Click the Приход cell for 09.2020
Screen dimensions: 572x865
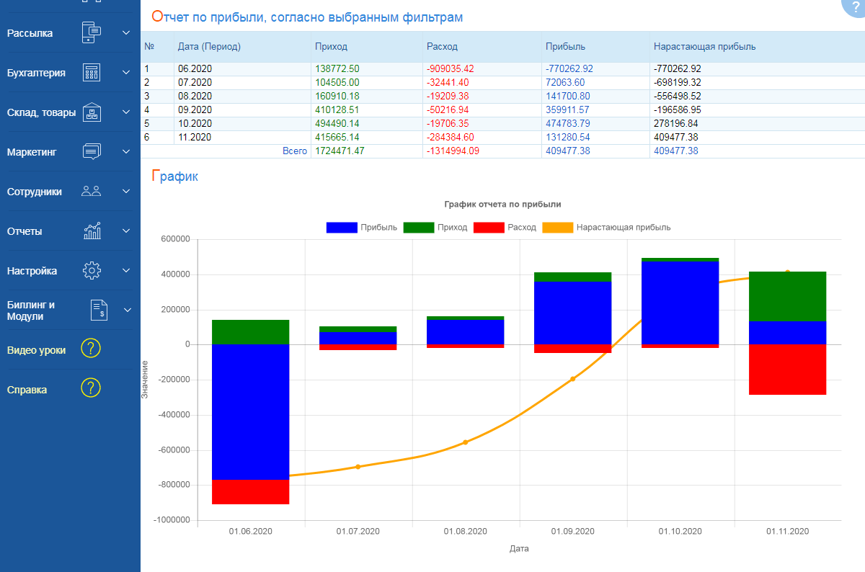coord(339,110)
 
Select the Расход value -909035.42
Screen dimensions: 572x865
coord(451,68)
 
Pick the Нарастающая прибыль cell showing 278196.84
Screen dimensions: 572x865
coord(678,124)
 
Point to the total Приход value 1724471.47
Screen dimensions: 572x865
coord(340,151)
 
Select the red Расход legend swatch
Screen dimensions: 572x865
coord(489,228)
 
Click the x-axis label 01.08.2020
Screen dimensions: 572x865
coord(465,532)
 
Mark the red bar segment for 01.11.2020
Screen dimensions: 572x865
coord(787,369)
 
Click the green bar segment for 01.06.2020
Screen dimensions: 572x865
coord(251,332)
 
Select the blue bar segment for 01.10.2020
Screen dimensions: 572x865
coord(680,303)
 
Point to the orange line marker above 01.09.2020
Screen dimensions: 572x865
coord(573,379)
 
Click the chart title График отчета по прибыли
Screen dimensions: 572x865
coord(502,205)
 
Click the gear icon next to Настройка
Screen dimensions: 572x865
coord(92,271)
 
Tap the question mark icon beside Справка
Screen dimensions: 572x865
coord(91,389)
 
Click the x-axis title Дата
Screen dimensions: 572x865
coord(519,548)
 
